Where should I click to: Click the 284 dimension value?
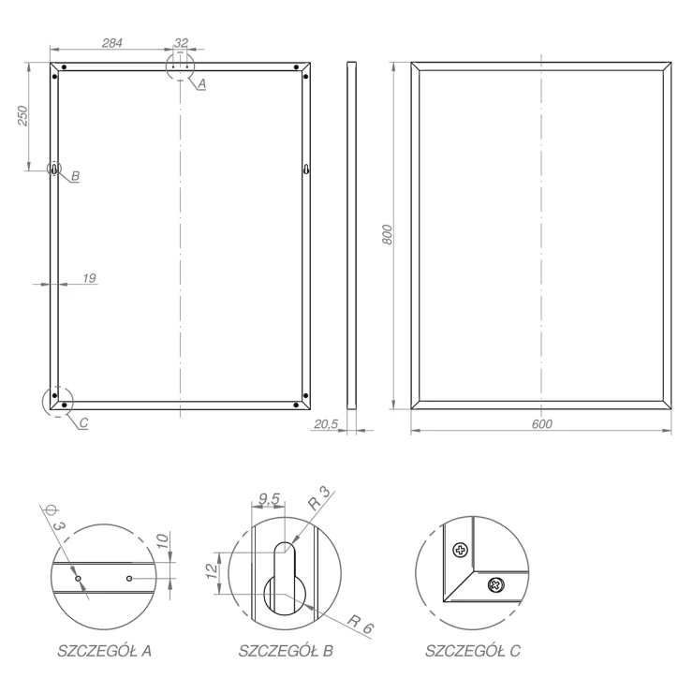112,43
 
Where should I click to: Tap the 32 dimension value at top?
181,43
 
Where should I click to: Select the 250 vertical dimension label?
22,115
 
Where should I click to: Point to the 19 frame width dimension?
89,278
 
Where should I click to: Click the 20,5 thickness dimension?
326,424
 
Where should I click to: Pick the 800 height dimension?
387,235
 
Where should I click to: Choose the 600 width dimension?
542,424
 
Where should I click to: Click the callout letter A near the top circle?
201,83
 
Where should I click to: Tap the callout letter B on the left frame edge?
75,176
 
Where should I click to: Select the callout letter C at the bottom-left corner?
83,423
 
